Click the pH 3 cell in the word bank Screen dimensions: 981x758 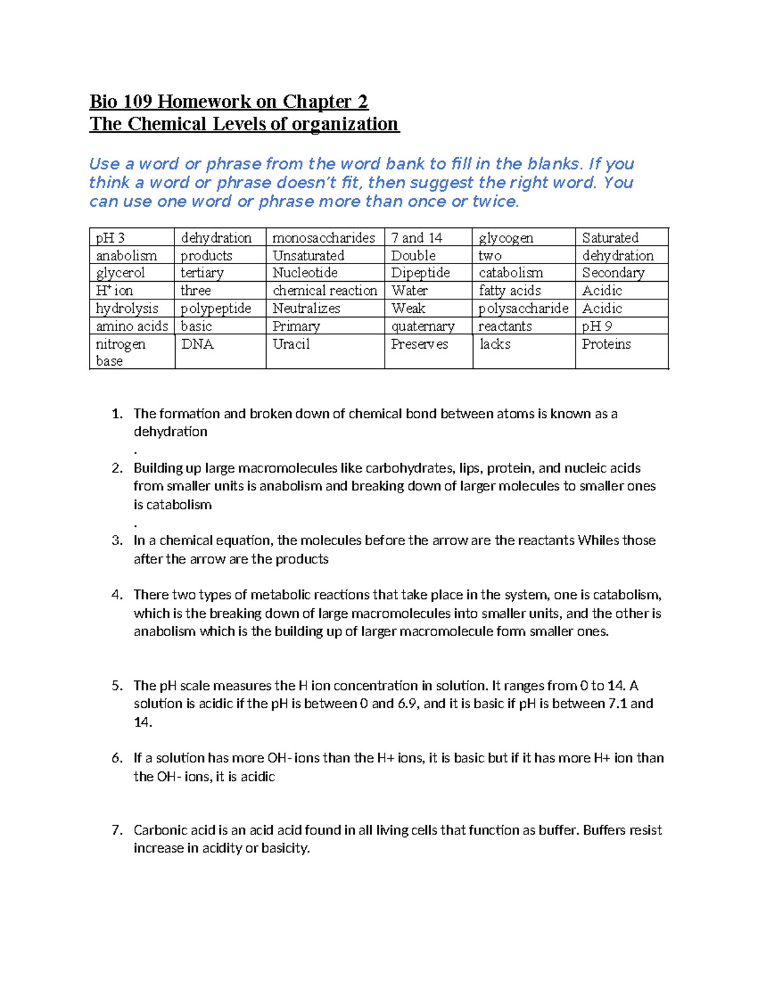(111, 238)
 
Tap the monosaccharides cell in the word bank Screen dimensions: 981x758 (323, 238)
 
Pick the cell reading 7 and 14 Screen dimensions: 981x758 (417, 238)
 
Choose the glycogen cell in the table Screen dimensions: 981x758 (506, 238)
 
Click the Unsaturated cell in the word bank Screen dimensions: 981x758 (308, 256)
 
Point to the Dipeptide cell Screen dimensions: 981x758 (420, 273)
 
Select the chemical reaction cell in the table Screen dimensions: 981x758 (325, 291)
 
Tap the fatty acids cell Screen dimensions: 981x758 (510, 291)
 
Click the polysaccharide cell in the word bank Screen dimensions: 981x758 (523, 308)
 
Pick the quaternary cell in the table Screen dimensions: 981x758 (423, 327)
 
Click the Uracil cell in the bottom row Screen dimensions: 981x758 (291, 344)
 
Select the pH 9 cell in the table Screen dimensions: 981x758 (597, 327)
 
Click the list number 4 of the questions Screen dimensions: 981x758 (117, 595)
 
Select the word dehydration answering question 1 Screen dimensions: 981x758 (171, 432)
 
